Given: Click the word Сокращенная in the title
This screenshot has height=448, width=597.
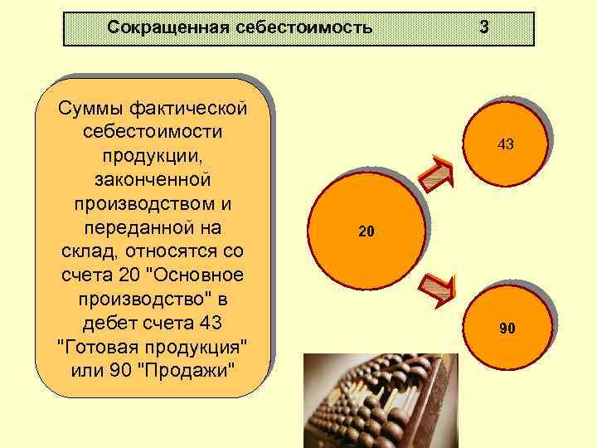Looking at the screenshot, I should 158,28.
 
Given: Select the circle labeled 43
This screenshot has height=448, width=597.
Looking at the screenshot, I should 505,144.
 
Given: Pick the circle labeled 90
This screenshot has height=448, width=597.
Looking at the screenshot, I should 506,329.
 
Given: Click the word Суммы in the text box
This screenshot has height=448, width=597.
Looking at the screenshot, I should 85,108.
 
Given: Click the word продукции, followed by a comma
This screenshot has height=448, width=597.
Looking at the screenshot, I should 153,155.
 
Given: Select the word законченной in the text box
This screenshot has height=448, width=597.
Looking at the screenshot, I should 153,179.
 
